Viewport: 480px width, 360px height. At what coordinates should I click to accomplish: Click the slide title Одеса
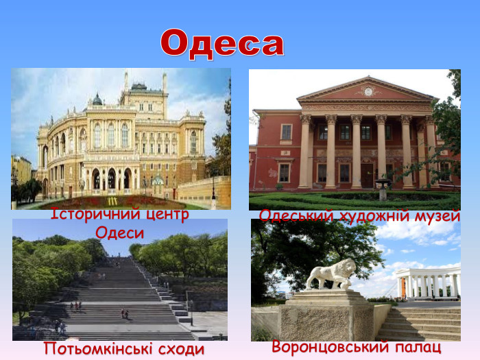(x=222, y=43)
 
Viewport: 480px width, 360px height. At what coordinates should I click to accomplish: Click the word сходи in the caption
(x=183, y=349)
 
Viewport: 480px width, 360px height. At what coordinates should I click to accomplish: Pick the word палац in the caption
(x=419, y=347)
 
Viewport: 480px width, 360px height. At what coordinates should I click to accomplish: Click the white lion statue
(x=331, y=274)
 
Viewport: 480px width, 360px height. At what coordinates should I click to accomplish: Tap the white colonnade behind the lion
(x=429, y=283)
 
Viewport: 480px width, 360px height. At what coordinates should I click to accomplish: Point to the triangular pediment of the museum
(x=368, y=91)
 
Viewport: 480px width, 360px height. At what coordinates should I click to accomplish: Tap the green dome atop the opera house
(x=97, y=100)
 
